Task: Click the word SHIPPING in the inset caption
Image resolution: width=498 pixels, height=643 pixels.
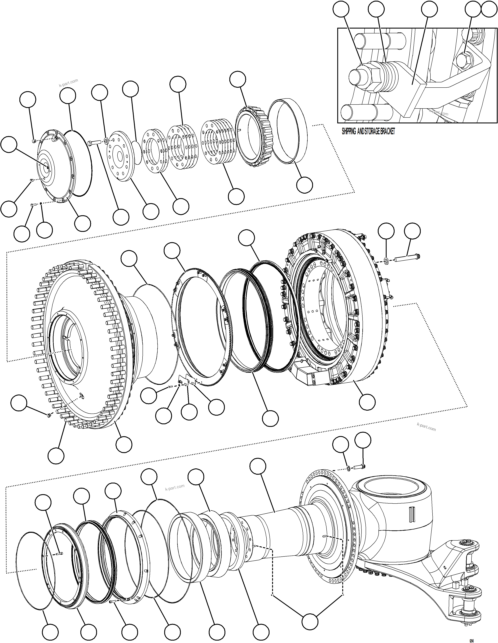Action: pyautogui.click(x=349, y=132)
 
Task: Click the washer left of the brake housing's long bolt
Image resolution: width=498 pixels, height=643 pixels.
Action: pyautogui.click(x=386, y=259)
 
